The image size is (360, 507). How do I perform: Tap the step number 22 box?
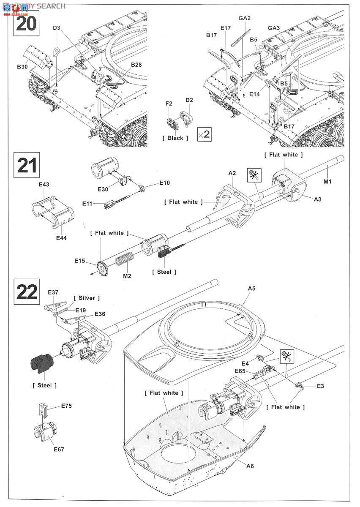click(27, 292)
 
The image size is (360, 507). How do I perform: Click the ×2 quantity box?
click(204, 135)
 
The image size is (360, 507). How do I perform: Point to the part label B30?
click(22, 66)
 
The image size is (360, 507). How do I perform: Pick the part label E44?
click(61, 238)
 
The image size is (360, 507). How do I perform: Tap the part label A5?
click(251, 289)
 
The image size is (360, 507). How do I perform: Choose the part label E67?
click(59, 449)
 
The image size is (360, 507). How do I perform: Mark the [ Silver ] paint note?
click(87, 298)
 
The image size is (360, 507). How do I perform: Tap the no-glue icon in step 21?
click(253, 175)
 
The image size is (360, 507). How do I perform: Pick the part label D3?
click(57, 28)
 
